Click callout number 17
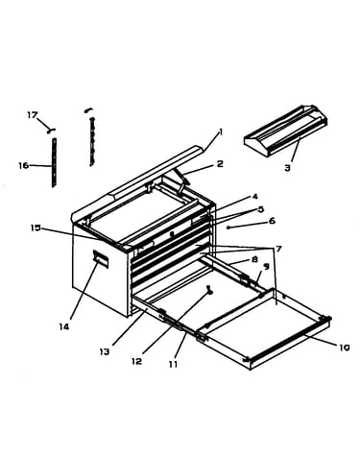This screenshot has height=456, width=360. point(33,115)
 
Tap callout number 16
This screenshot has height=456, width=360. point(23,165)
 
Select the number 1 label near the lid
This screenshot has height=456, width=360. point(220,132)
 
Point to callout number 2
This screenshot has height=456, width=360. point(220,164)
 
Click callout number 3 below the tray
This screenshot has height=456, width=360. point(287,167)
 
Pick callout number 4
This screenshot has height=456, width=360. point(254,197)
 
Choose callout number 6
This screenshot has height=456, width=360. point(272,221)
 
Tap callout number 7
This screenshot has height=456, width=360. point(278,249)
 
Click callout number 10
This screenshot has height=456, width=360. point(345,348)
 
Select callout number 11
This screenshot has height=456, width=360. point(173,364)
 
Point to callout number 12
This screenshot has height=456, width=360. point(136,361)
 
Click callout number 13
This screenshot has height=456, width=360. point(105,351)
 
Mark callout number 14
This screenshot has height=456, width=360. point(63,326)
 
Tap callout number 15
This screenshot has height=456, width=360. point(36,228)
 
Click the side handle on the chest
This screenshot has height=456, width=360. point(101,258)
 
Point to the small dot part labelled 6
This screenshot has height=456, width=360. point(228,228)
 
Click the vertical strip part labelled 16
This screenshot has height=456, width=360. point(54,162)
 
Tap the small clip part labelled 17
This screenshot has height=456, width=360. point(51,130)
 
